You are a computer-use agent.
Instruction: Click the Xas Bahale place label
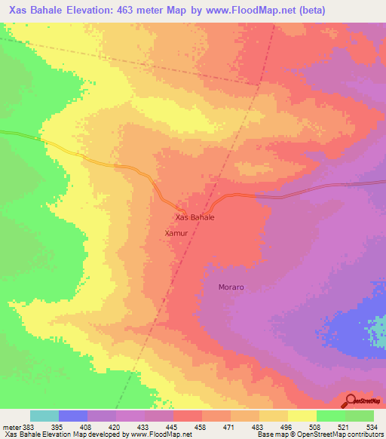(x=195, y=217)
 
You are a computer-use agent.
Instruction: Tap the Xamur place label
(x=176, y=234)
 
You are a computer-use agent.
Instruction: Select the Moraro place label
(x=231, y=287)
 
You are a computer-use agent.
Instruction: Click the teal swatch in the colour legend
(x=44, y=416)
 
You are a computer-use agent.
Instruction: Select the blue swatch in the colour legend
(x=73, y=416)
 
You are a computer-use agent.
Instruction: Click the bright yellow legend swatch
(x=302, y=416)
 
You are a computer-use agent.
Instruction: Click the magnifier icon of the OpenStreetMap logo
(x=351, y=400)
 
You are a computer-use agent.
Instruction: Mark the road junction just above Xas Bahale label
(x=181, y=209)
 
